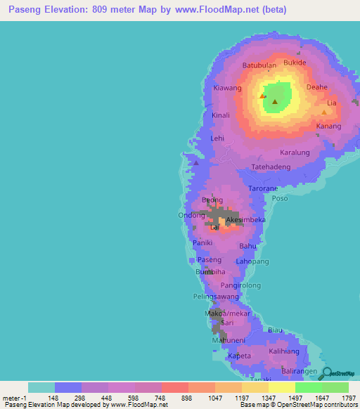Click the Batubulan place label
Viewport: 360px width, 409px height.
pyautogui.click(x=259, y=66)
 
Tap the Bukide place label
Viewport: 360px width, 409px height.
pyautogui.click(x=295, y=63)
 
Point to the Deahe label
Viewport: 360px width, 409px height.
pyautogui.click(x=317, y=87)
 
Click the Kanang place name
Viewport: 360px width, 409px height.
pyautogui.click(x=328, y=126)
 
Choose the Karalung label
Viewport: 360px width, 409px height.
pyautogui.click(x=295, y=152)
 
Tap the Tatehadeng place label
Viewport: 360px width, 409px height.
pyautogui.click(x=271, y=167)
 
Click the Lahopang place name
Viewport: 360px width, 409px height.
pyautogui.click(x=252, y=261)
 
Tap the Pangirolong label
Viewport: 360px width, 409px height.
pyautogui.click(x=240, y=286)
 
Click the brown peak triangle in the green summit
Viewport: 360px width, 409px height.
pyautogui.click(x=274, y=103)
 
